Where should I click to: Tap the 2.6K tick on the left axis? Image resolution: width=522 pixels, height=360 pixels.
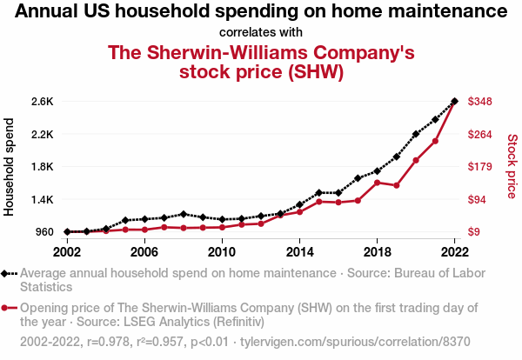(42, 102)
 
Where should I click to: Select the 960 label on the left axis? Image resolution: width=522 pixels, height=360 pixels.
(44, 232)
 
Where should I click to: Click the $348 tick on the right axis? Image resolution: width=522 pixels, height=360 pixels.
(481, 102)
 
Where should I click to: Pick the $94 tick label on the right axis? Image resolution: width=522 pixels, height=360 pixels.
(478, 200)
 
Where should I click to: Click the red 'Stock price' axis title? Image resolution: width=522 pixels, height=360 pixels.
(512, 165)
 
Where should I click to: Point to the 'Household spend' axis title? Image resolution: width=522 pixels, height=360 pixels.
(10, 167)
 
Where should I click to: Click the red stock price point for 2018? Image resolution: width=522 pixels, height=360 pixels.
(377, 183)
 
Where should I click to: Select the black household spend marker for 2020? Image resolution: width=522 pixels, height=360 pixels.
(416, 134)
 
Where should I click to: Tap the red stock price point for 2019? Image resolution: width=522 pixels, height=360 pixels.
(396, 185)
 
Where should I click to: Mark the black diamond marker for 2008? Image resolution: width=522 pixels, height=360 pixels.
(183, 214)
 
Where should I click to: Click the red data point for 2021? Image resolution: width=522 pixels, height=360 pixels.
(435, 141)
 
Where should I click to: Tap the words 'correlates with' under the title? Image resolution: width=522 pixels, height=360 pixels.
(261, 32)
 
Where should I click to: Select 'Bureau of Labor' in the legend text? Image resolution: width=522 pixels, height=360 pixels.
(430, 273)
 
